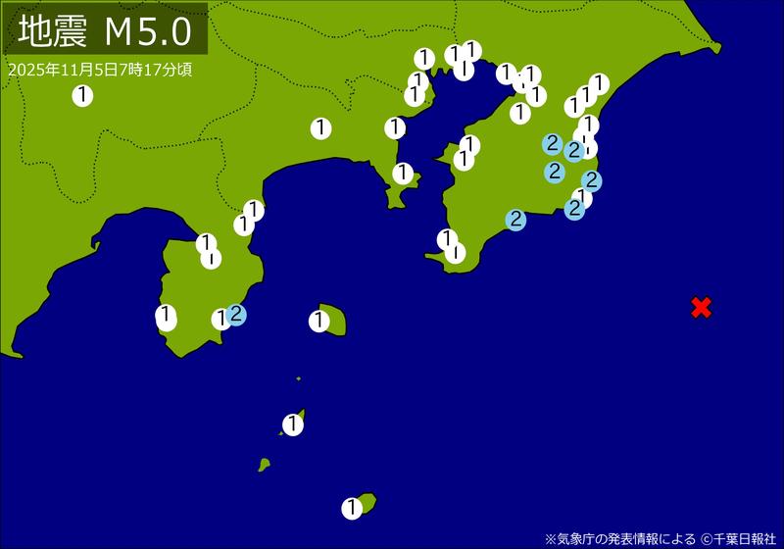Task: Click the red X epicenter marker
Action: (701, 307)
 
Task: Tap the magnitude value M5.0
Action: (148, 32)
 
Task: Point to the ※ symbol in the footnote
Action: (550, 538)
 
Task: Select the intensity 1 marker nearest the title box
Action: (82, 95)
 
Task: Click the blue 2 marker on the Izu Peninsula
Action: (236, 315)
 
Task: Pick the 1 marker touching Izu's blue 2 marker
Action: (221, 319)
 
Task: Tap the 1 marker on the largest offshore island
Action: (319, 321)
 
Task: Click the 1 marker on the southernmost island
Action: (352, 508)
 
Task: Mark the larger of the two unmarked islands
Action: (264, 465)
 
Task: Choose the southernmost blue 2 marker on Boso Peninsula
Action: (515, 220)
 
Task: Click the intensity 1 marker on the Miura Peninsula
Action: (402, 174)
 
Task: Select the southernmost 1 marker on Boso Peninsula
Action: (455, 252)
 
